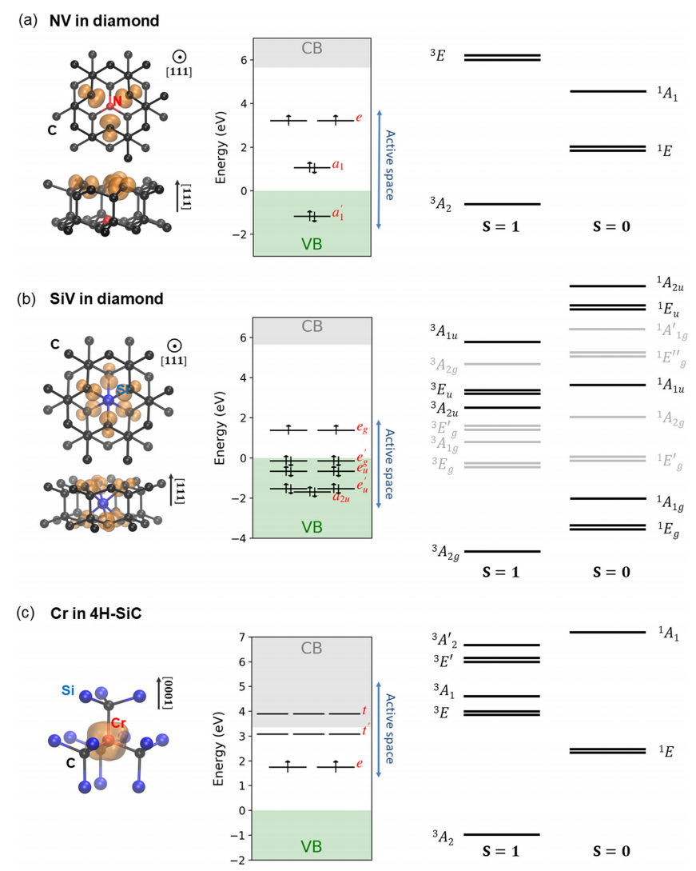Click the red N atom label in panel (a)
pyautogui.click(x=117, y=102)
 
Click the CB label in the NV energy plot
pyautogui.click(x=312, y=49)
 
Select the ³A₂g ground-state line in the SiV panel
pyautogui.click(x=502, y=551)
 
